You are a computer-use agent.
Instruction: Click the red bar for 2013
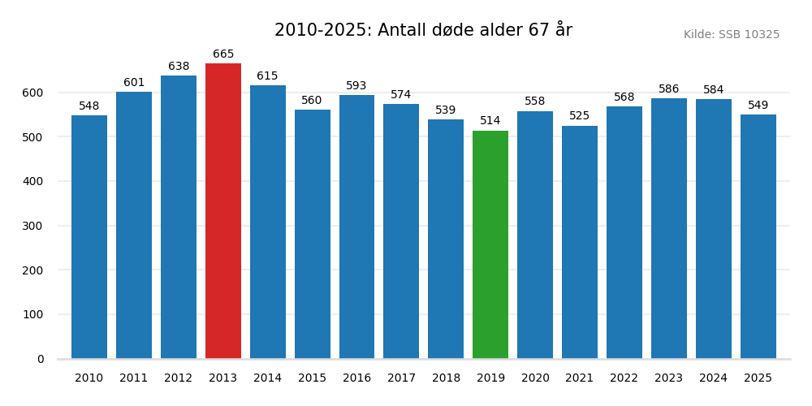(x=223, y=211)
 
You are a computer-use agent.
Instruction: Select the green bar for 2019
(x=490, y=244)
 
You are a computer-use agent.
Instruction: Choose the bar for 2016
(x=356, y=227)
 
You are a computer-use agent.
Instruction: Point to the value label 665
(x=223, y=54)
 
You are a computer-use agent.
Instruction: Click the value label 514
(x=490, y=121)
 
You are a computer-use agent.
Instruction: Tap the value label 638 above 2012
(x=179, y=67)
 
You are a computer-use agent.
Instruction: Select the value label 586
(x=668, y=89)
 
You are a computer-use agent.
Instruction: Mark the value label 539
(x=446, y=110)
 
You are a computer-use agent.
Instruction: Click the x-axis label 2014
(x=267, y=378)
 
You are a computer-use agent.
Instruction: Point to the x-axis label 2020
(x=535, y=378)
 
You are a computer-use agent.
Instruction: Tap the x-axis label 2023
(x=668, y=378)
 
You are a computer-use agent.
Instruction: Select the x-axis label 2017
(x=401, y=378)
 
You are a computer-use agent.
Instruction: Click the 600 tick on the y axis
(x=33, y=93)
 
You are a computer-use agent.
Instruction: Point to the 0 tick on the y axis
(x=41, y=359)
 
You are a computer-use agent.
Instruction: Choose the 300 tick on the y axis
(x=33, y=226)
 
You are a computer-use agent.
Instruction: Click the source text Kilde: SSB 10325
(x=731, y=35)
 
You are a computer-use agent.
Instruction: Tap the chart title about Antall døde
(x=423, y=30)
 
